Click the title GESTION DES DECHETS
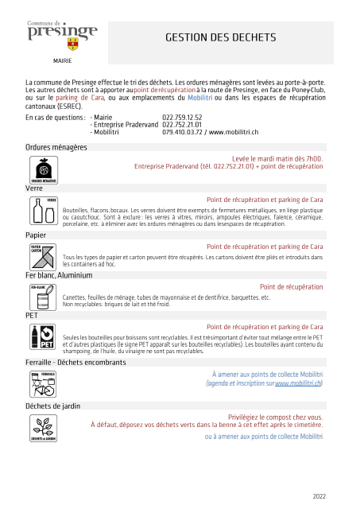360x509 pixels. (220, 37)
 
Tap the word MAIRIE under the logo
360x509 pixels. (62, 60)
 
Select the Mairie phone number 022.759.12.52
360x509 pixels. (182, 117)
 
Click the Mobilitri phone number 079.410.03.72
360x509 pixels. (182, 131)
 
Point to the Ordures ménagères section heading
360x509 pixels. (56, 147)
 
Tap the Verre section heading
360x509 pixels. (34, 188)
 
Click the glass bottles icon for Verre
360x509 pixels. (44, 211)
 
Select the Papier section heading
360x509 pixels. (36, 235)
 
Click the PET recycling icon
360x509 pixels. (44, 337)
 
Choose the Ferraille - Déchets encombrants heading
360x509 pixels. (75, 363)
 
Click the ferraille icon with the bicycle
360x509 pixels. (44, 384)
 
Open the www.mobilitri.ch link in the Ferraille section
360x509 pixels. (298, 383)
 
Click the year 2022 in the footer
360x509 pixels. (319, 496)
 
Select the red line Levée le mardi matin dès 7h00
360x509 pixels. (277, 158)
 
